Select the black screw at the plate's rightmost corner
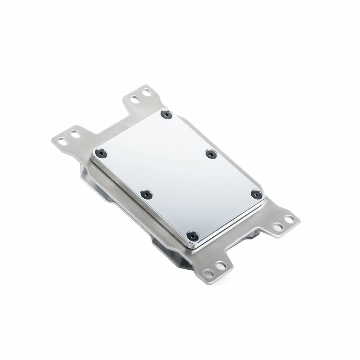coord(256,194)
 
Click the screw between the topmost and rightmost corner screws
coord(211,154)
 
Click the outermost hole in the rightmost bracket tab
coord(289,219)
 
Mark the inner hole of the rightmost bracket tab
coord(277,226)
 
